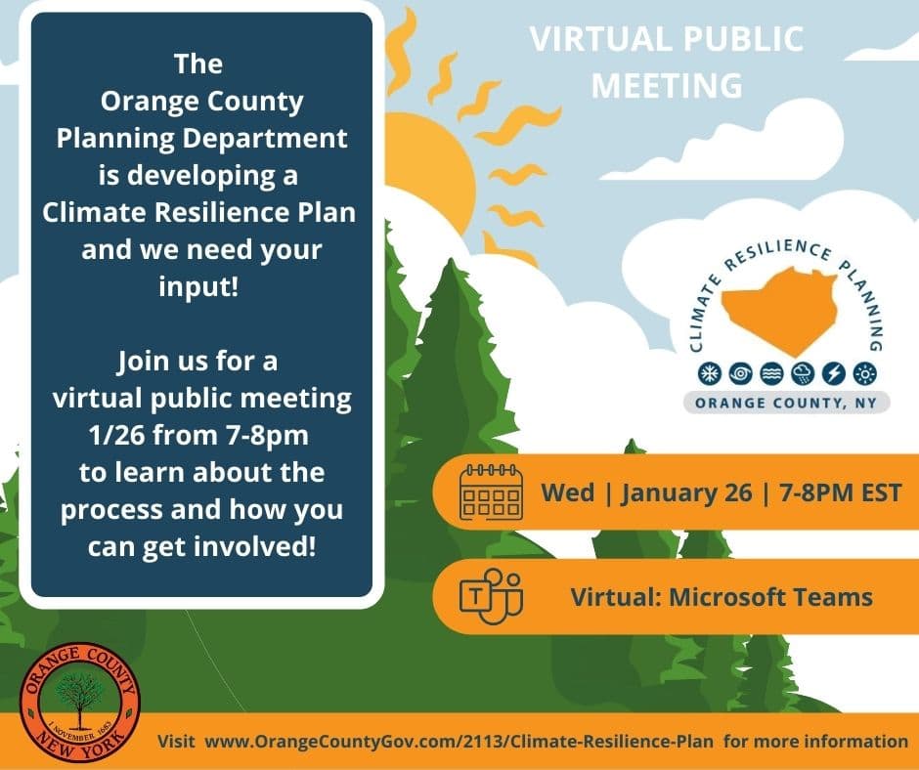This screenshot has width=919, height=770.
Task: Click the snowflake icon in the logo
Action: coord(709,373)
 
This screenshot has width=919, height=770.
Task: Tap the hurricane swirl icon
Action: coord(740,373)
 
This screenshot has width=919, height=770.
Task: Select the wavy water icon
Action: coord(771,373)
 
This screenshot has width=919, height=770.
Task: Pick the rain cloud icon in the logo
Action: coord(803,373)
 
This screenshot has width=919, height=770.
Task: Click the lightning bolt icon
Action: coord(833,373)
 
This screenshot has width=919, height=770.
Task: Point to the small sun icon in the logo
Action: coord(864,373)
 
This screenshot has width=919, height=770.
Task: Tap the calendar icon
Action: coord(491,492)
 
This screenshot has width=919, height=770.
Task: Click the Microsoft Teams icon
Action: coord(491,596)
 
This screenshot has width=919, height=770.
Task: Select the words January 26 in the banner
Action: coord(685,492)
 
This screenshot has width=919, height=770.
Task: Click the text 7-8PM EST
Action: coord(841,492)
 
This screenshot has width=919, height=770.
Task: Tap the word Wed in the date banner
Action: coord(567,492)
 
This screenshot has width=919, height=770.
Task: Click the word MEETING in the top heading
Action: coord(667,86)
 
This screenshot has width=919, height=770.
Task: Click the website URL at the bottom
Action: coord(459,742)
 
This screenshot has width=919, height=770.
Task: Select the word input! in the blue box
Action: coord(198,286)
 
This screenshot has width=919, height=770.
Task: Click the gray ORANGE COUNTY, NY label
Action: coord(786,403)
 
